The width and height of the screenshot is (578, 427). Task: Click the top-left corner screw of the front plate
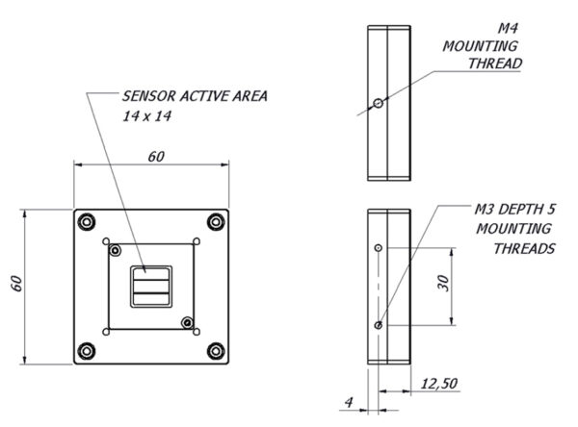click(87, 222)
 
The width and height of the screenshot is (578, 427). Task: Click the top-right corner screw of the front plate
click(216, 222)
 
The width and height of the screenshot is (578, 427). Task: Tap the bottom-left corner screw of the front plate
click(87, 351)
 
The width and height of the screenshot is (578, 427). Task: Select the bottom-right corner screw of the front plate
click(216, 351)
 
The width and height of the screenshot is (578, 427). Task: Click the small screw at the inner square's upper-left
click(116, 251)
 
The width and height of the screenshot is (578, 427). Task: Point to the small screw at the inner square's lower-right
click(188, 323)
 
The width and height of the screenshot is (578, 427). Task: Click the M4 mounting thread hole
click(379, 104)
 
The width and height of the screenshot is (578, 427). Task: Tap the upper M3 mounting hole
click(379, 248)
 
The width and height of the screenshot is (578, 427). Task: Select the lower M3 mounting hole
click(379, 325)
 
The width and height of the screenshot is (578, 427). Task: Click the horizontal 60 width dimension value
click(156, 157)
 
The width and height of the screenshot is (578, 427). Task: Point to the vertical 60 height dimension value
click(17, 284)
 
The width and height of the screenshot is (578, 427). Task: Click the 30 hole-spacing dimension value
click(444, 283)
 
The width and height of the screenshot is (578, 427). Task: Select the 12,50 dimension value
click(439, 384)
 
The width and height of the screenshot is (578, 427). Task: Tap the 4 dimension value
click(349, 402)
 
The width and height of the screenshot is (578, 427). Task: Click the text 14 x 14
click(147, 116)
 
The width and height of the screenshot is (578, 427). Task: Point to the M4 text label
click(508, 28)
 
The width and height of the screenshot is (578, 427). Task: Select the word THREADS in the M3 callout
click(524, 249)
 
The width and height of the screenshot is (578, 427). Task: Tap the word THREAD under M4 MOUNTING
click(495, 63)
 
